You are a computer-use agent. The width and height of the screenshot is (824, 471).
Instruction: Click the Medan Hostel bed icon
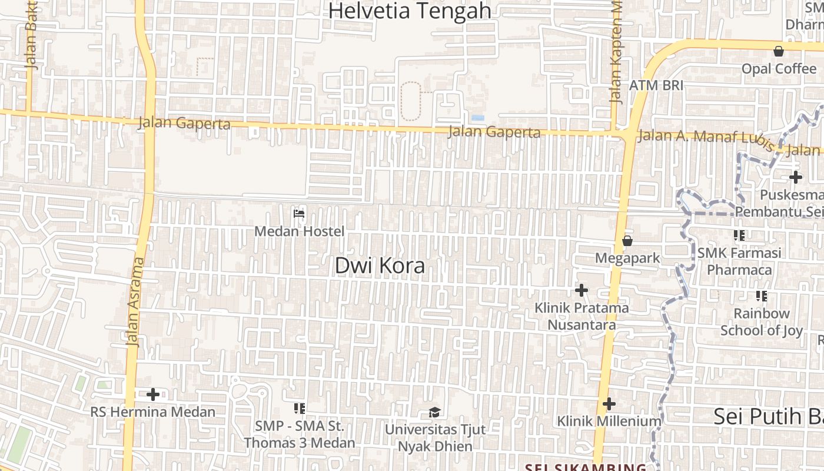click(x=299, y=213)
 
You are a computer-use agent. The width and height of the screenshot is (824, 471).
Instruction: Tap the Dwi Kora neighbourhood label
click(x=380, y=266)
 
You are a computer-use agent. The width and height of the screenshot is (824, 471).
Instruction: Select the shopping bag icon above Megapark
click(x=627, y=241)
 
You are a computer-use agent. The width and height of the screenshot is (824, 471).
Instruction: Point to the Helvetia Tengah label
click(x=410, y=11)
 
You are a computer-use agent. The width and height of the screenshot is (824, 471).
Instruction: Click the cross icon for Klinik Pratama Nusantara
click(x=582, y=290)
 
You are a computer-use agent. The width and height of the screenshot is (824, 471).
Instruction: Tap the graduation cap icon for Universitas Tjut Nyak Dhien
click(x=434, y=412)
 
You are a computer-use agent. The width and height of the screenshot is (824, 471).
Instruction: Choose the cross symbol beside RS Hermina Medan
click(x=153, y=394)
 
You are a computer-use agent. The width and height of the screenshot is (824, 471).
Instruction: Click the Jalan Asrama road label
click(x=136, y=301)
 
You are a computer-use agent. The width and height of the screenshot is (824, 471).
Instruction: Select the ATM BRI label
click(x=656, y=85)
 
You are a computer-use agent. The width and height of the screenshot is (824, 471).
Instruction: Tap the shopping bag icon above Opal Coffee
click(x=779, y=51)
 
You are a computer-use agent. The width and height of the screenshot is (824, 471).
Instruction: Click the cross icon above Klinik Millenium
click(x=609, y=404)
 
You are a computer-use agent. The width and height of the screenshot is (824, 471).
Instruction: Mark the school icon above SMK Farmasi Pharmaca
click(x=739, y=235)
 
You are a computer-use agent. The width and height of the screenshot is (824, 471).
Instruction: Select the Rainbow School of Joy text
click(x=762, y=321)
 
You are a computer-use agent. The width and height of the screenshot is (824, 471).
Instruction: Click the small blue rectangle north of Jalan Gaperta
click(x=478, y=118)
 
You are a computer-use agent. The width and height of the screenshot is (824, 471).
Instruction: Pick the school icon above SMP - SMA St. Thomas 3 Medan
click(x=299, y=408)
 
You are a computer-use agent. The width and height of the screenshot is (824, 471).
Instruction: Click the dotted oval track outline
click(x=411, y=101)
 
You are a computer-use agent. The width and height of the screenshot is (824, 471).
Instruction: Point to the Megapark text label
click(x=627, y=258)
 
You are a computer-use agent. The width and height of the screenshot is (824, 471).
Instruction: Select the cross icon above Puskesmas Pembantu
click(x=796, y=177)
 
